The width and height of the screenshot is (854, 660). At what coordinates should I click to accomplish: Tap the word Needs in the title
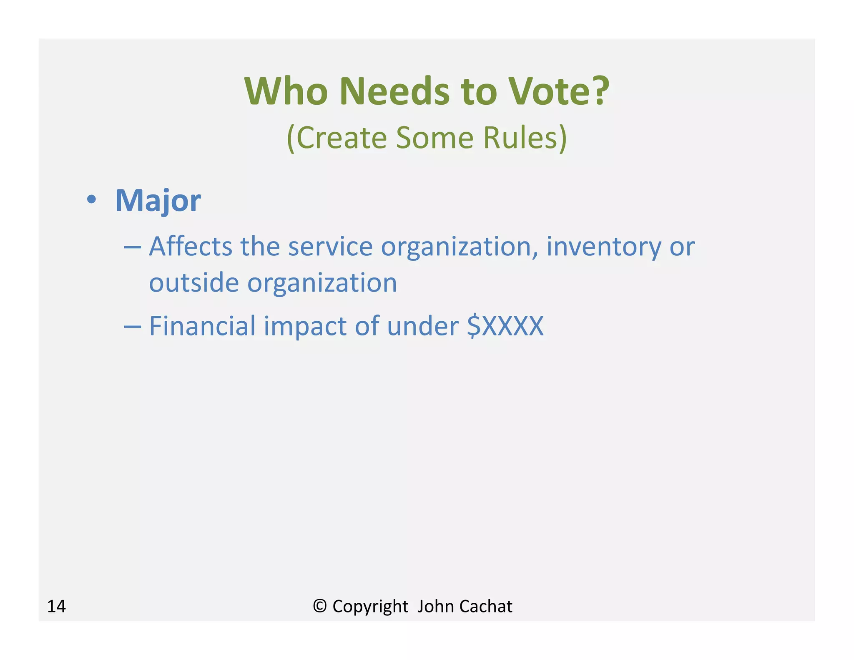click(394, 91)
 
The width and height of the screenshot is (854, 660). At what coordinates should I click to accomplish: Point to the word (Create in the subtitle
click(336, 138)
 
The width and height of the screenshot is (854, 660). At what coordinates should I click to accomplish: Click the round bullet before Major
click(91, 199)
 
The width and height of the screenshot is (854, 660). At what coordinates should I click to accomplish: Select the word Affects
click(191, 247)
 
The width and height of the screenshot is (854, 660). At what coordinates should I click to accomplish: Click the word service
click(330, 247)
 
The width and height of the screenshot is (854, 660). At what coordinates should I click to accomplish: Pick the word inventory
click(603, 247)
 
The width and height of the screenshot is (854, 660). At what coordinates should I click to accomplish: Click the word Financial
click(202, 326)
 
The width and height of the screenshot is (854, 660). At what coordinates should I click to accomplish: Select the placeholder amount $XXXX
click(505, 326)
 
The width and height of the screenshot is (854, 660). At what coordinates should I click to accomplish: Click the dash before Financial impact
click(133, 327)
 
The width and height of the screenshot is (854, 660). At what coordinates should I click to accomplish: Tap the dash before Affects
click(133, 247)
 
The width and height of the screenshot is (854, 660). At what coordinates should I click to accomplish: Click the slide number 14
click(56, 606)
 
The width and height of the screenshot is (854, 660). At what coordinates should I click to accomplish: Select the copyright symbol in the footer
click(319, 606)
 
